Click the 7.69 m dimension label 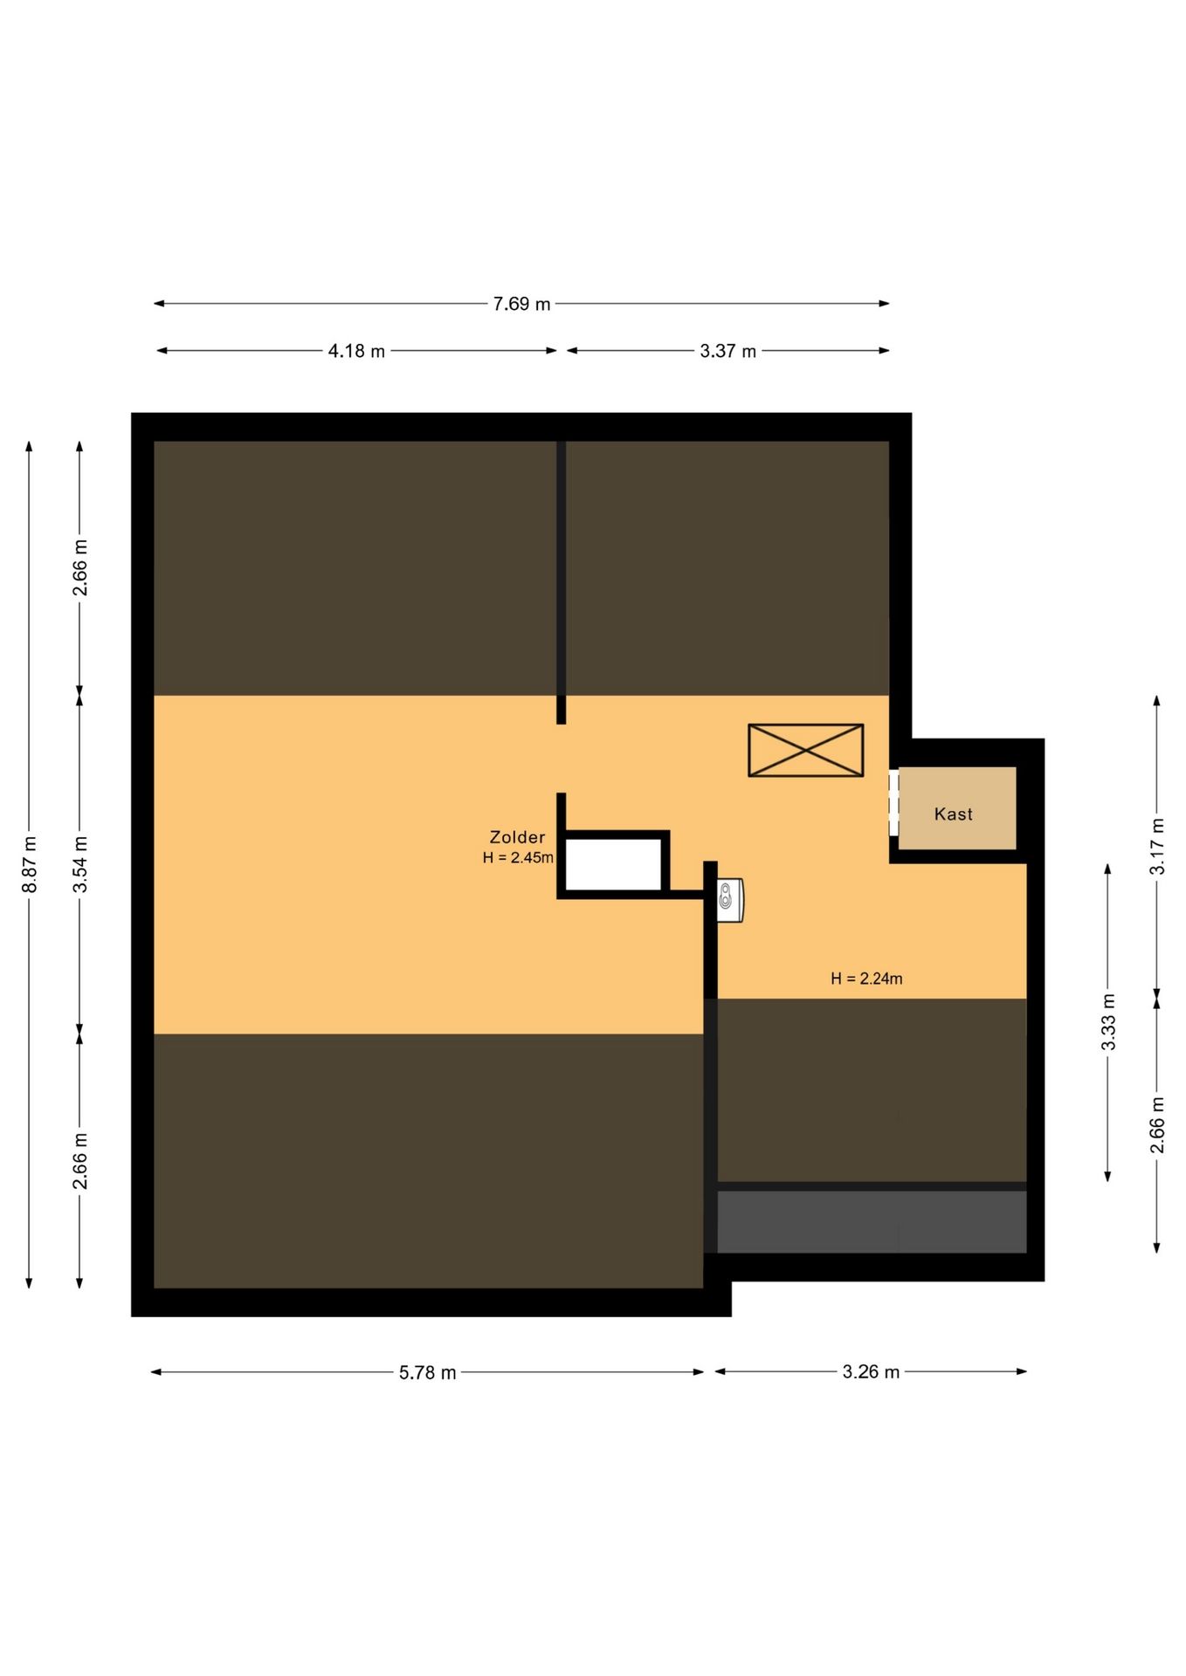pyautogui.click(x=521, y=304)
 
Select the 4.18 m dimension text pyautogui.click(x=356, y=351)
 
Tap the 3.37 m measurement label pyautogui.click(x=727, y=351)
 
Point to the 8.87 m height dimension pyautogui.click(x=30, y=864)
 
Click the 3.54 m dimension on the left pyautogui.click(x=80, y=864)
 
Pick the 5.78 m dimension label pyautogui.click(x=428, y=1372)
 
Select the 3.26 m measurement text pyautogui.click(x=871, y=1371)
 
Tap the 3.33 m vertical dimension pyautogui.click(x=1108, y=1022)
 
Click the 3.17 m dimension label pyautogui.click(x=1157, y=846)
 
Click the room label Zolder pyautogui.click(x=517, y=837)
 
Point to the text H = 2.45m pyautogui.click(x=518, y=857)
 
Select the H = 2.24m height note pyautogui.click(x=866, y=979)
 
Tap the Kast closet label pyautogui.click(x=953, y=814)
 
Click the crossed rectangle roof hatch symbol pyautogui.click(x=805, y=750)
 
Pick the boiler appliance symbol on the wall pyautogui.click(x=730, y=900)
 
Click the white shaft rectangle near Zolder pyautogui.click(x=613, y=864)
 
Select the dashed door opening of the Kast pyautogui.click(x=893, y=802)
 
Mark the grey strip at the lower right pyautogui.click(x=872, y=1221)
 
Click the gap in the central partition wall pyautogui.click(x=562, y=759)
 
